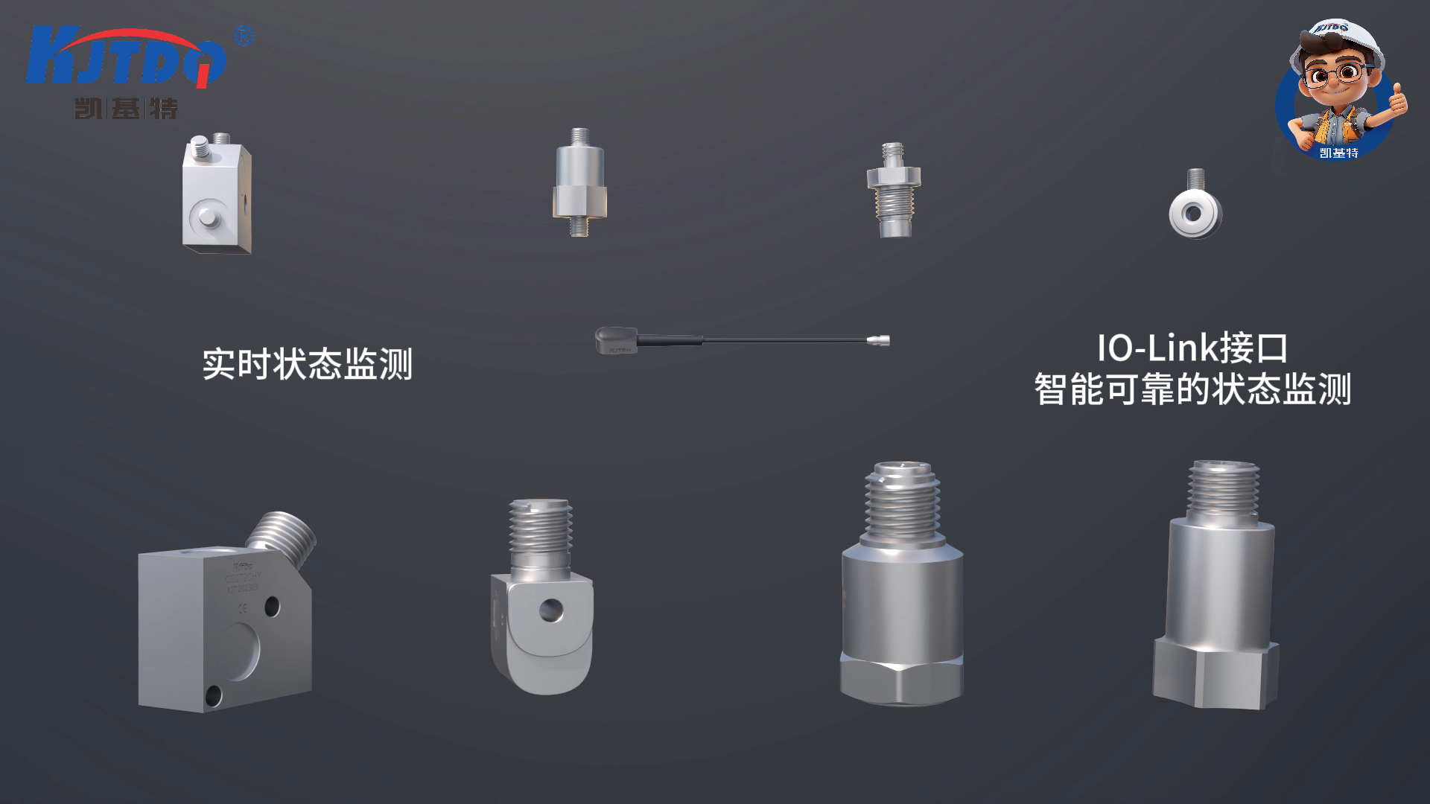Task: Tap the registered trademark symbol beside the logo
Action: click(244, 36)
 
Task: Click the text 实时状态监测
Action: click(307, 364)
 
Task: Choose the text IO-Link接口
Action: click(1192, 348)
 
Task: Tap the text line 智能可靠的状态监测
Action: click(1192, 389)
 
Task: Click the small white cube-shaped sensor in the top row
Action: click(217, 195)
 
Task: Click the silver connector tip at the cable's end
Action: click(879, 341)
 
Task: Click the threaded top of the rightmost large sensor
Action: click(1223, 490)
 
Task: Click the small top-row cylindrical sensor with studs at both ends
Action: click(579, 183)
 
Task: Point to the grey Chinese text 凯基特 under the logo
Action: click(127, 109)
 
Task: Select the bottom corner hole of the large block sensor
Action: click(214, 696)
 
